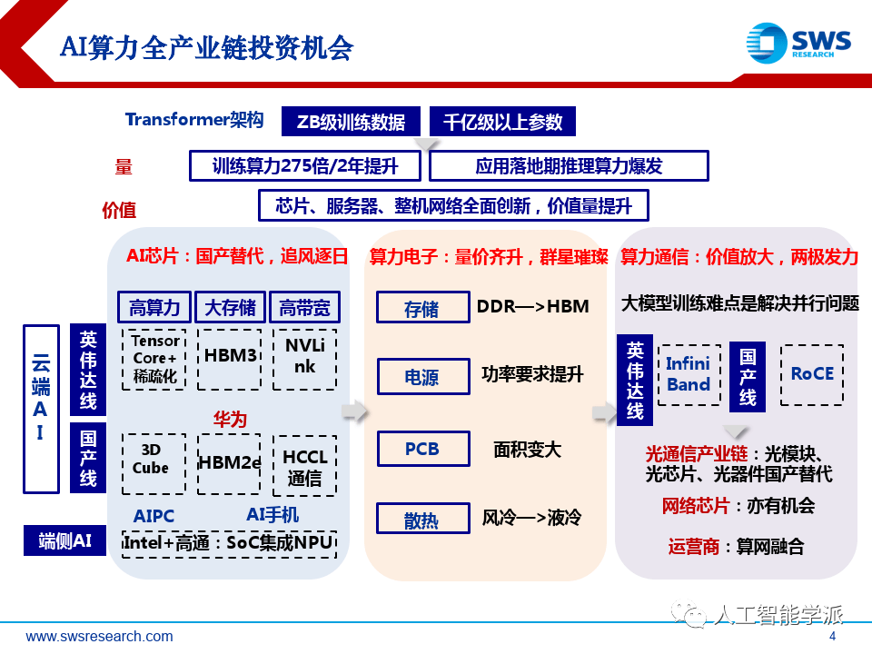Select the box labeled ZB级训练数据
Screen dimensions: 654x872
351,122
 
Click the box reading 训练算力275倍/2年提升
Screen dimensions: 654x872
305,166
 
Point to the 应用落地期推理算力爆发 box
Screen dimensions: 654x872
569,166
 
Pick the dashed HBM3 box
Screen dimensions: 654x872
230,356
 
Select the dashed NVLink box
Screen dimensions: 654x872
305,356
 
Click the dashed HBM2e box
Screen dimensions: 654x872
230,462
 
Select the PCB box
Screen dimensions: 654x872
422,449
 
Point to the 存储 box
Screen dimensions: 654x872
422,308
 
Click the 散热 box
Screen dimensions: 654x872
422,519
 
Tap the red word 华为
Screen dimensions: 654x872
230,419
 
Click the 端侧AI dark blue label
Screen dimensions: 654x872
65,540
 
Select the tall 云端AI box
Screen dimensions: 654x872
40,407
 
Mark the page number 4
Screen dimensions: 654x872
832,637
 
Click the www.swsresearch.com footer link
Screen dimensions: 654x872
99,637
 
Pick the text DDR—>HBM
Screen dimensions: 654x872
533,307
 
